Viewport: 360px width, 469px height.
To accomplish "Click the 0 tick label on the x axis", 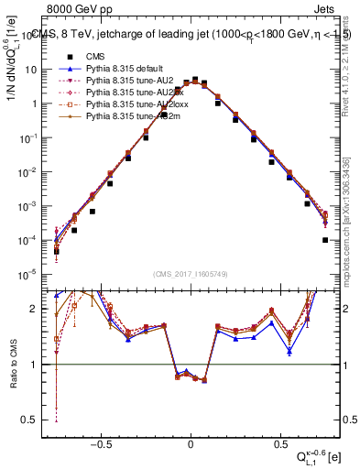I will (x=191, y=441).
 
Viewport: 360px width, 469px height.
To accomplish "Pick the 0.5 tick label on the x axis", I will (x=279, y=441).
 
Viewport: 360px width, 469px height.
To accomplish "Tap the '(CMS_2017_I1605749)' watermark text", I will (x=191, y=273).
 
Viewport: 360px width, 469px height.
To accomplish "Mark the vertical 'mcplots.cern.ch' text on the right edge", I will (x=351, y=229).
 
